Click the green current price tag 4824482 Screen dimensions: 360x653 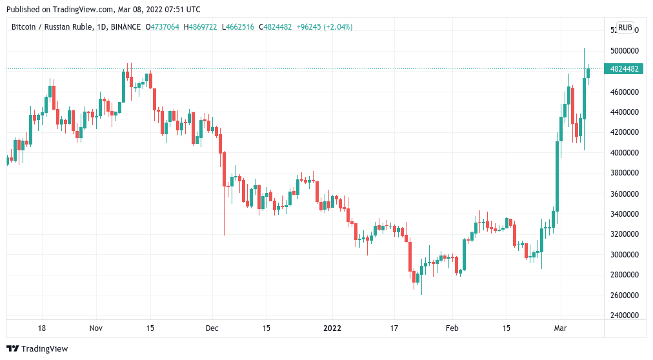point(623,69)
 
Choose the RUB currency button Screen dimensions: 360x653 point(625,28)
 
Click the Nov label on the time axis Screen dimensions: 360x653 point(95,328)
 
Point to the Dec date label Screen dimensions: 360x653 point(212,328)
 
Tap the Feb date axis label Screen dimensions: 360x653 point(452,328)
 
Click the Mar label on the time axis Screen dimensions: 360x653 point(560,328)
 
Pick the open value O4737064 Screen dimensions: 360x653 point(164,27)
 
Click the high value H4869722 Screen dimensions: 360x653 point(202,27)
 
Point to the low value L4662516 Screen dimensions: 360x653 point(239,27)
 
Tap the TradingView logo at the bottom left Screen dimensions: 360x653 point(38,349)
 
